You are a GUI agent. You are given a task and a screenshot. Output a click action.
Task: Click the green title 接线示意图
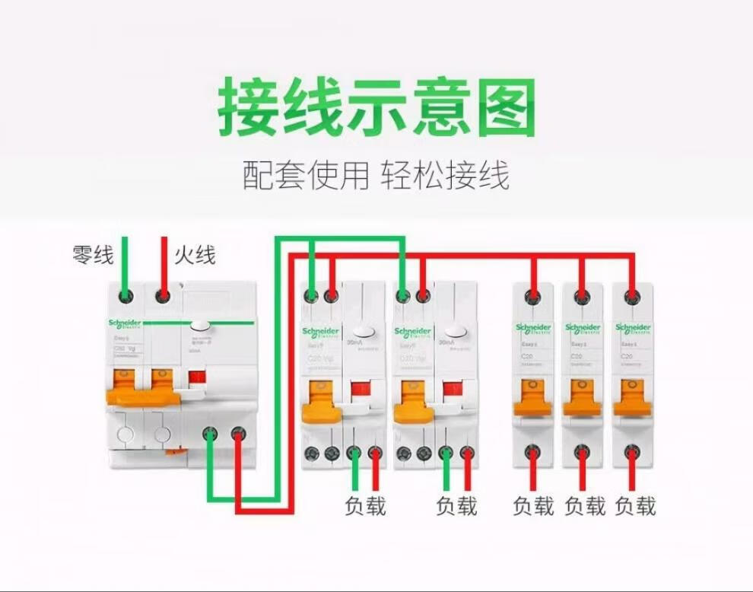tap(376, 107)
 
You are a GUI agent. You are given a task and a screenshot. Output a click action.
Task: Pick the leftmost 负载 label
tap(365, 505)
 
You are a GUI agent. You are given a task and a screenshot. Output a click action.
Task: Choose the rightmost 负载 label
tap(635, 505)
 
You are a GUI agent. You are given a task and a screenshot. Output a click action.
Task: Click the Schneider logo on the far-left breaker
tap(124, 324)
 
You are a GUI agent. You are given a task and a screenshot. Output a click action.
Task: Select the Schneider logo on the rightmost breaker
tap(633, 328)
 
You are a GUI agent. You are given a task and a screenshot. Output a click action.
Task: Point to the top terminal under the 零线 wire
tap(125, 294)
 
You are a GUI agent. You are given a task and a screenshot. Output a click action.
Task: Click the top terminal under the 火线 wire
tap(162, 294)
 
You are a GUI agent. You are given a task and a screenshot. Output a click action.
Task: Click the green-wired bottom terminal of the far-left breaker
tap(210, 435)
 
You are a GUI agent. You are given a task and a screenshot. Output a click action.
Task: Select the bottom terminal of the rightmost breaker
tap(631, 453)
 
